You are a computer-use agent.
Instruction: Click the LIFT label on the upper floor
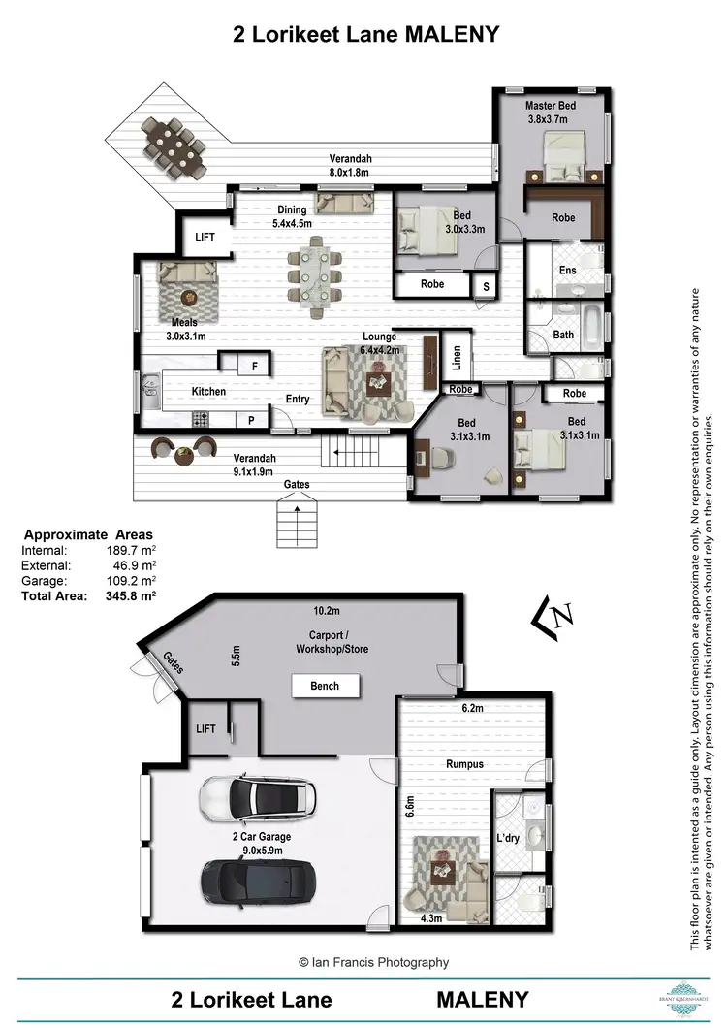click(x=205, y=236)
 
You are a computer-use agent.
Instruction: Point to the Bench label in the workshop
click(x=325, y=686)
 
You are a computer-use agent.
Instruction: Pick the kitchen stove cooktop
click(x=202, y=419)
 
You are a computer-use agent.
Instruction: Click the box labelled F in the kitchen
click(x=254, y=366)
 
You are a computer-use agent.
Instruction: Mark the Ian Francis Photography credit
click(x=373, y=962)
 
